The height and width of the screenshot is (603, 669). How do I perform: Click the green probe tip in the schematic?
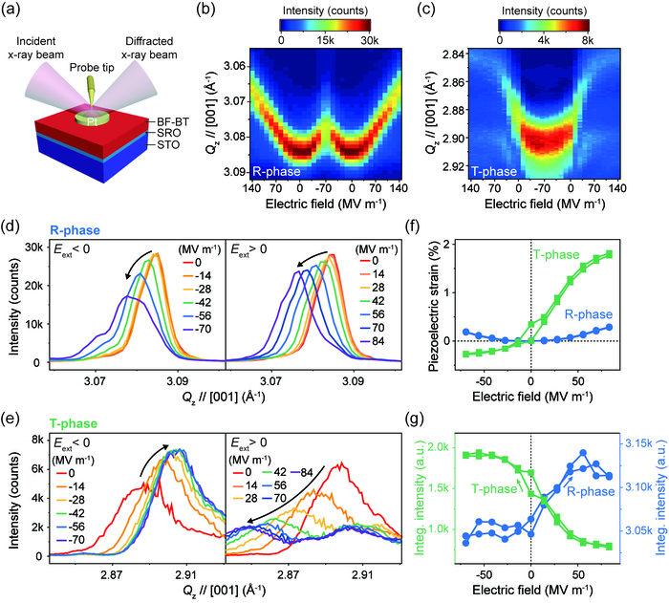92,89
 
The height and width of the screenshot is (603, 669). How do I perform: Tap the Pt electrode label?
92,121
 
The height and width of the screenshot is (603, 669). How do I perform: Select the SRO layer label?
168,133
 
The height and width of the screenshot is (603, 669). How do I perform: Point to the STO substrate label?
168,145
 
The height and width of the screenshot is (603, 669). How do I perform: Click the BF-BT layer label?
173,122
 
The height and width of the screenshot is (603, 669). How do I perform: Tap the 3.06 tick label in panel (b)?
234,66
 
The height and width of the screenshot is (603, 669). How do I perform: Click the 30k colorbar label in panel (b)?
369,40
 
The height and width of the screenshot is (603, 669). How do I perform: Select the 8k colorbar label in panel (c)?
588,40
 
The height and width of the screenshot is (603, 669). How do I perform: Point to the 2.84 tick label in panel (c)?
453,54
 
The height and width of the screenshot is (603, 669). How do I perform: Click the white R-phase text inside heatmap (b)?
276,172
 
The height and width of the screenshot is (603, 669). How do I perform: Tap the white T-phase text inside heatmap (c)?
494,172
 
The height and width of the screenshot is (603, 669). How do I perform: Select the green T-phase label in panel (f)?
556,255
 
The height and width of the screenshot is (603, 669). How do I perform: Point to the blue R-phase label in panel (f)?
589,314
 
